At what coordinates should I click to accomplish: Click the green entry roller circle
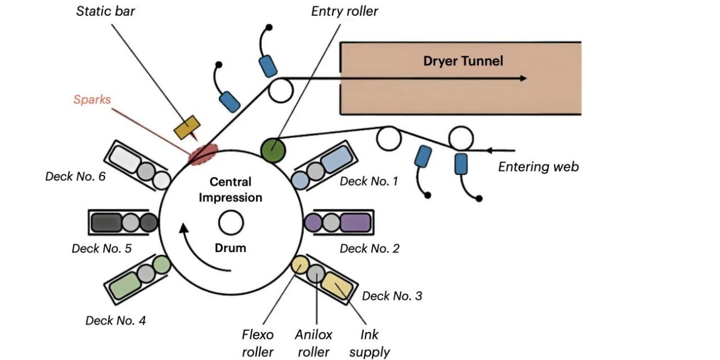[274, 148]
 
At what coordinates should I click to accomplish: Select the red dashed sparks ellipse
[203, 154]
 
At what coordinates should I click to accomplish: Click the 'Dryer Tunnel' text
[463, 61]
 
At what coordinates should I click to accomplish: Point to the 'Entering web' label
[538, 166]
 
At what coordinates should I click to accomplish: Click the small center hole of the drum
[231, 223]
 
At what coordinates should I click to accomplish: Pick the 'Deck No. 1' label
[368, 181]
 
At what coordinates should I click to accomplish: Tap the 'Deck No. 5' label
[101, 248]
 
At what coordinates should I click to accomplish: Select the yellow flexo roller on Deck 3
[300, 264]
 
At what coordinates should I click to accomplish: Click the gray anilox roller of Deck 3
[316, 274]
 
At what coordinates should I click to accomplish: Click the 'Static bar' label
[106, 11]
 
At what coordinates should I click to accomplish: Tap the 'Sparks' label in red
[92, 100]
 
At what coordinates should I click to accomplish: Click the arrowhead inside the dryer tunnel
[523, 78]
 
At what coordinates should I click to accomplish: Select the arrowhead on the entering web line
[490, 150]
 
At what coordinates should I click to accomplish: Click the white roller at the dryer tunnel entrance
[281, 89]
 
